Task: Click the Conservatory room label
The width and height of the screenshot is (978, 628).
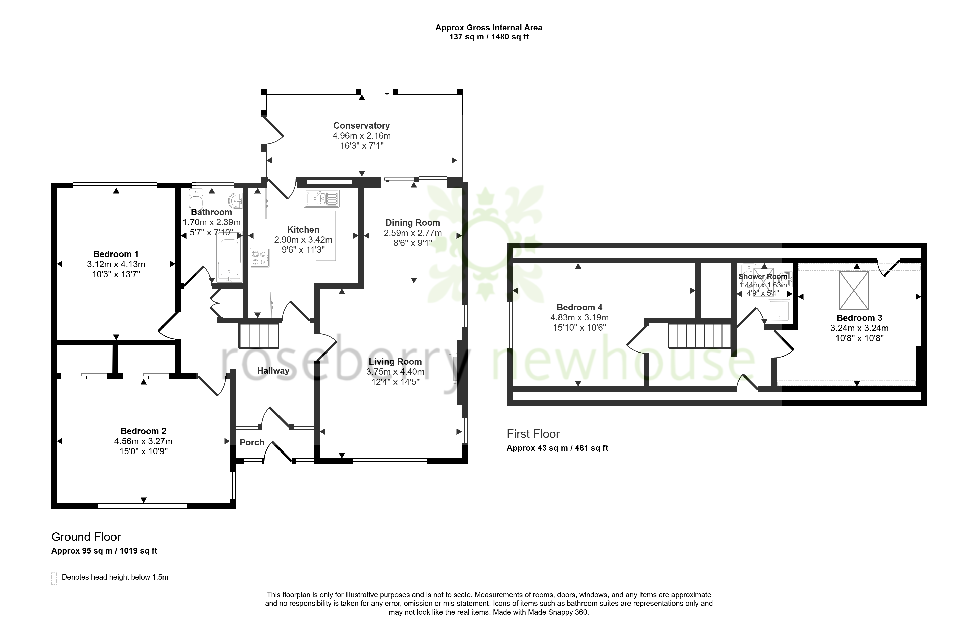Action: (x=361, y=125)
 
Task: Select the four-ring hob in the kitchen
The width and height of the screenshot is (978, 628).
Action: (x=260, y=258)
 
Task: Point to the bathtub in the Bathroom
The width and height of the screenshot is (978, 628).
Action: (x=229, y=256)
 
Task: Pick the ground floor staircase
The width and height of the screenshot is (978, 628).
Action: (x=259, y=336)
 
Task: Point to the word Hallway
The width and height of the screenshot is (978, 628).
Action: (x=273, y=371)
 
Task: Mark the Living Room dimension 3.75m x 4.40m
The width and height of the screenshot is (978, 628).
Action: (x=395, y=371)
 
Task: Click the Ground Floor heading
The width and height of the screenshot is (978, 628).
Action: (x=86, y=537)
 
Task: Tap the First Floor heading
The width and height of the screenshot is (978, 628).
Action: (x=533, y=434)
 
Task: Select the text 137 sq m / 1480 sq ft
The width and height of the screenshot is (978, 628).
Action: (x=489, y=37)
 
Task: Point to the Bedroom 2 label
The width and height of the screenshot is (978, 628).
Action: (x=143, y=431)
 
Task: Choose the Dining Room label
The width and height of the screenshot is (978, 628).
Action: (x=413, y=223)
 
